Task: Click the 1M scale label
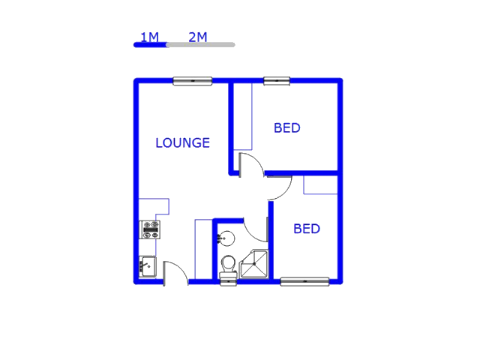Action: pyautogui.click(x=149, y=37)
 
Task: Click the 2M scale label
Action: pyautogui.click(x=198, y=37)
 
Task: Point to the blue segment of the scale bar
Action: pyautogui.click(x=150, y=45)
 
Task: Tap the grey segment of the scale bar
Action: pyautogui.click(x=201, y=45)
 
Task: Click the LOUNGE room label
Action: pyautogui.click(x=182, y=142)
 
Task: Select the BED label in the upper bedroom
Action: pyautogui.click(x=286, y=128)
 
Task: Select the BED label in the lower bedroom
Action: pyautogui.click(x=306, y=229)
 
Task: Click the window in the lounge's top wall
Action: pyautogui.click(x=193, y=81)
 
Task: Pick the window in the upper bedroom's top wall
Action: pyautogui.click(x=276, y=81)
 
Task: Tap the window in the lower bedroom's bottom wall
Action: pyautogui.click(x=304, y=282)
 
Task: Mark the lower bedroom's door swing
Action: pyautogui.click(x=279, y=187)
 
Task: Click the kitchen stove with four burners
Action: pyautogui.click(x=151, y=229)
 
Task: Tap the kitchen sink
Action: pyautogui.click(x=147, y=265)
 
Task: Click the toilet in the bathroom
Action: pyautogui.click(x=228, y=266)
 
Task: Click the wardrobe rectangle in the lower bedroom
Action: pyautogui.click(x=320, y=185)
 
